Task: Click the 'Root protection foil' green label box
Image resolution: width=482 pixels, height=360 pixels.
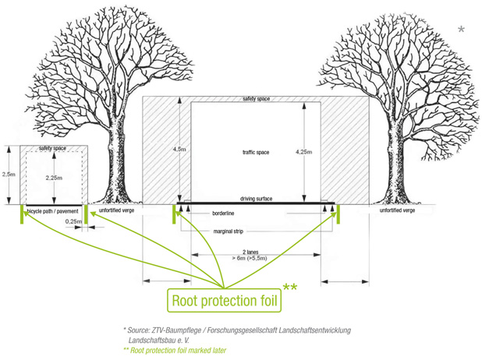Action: point(225,300)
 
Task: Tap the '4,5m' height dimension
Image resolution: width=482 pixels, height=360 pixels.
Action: point(179,149)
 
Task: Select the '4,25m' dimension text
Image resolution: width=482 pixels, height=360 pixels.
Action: point(303,152)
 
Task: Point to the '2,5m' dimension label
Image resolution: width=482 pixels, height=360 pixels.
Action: point(8,175)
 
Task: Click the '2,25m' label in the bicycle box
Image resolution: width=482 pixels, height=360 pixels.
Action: point(53,178)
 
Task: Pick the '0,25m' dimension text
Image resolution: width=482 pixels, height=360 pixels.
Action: point(74,221)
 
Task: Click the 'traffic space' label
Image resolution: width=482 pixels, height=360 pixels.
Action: point(250,153)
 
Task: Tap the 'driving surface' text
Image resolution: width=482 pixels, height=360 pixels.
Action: point(256,199)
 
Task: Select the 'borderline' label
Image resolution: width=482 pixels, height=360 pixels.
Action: point(223,213)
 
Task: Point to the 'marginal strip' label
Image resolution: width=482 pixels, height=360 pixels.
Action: point(229,231)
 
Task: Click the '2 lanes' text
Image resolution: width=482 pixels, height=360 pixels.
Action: point(250,252)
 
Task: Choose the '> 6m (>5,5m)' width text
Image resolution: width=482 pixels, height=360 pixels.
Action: point(250,258)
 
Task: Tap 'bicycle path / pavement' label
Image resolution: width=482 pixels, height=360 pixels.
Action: point(52,211)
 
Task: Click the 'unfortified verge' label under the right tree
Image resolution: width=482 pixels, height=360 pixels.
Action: point(396,211)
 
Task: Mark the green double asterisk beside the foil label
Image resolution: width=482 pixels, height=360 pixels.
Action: point(289,289)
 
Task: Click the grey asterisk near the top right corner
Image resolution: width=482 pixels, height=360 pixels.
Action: point(461,30)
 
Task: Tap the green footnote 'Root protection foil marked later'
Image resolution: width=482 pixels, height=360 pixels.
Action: point(175,351)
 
